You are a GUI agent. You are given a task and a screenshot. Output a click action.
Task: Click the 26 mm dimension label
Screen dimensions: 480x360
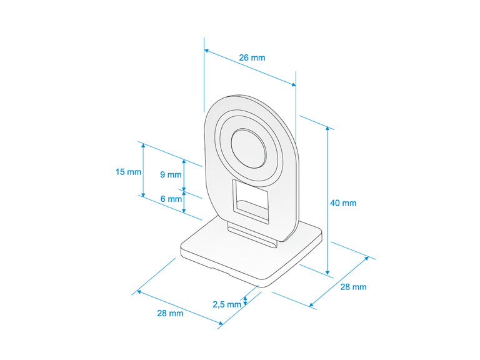coord(252,57)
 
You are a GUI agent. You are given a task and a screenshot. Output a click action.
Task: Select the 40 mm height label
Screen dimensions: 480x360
coord(343,203)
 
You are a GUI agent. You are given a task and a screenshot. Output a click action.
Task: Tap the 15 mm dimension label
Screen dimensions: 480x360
coord(128,172)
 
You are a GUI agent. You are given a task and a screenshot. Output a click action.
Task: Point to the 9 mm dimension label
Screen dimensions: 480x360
coord(171,174)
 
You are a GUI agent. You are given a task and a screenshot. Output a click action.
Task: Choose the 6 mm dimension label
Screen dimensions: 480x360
coord(171,199)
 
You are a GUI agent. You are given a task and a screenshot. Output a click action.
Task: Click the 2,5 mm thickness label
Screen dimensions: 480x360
coord(227,304)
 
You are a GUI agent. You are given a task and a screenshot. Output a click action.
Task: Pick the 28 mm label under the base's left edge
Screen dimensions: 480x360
coord(170,313)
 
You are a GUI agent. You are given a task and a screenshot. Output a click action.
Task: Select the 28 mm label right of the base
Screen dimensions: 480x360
coord(353,287)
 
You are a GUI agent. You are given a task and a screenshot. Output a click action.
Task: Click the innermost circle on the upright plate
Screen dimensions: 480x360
coord(248,148)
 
